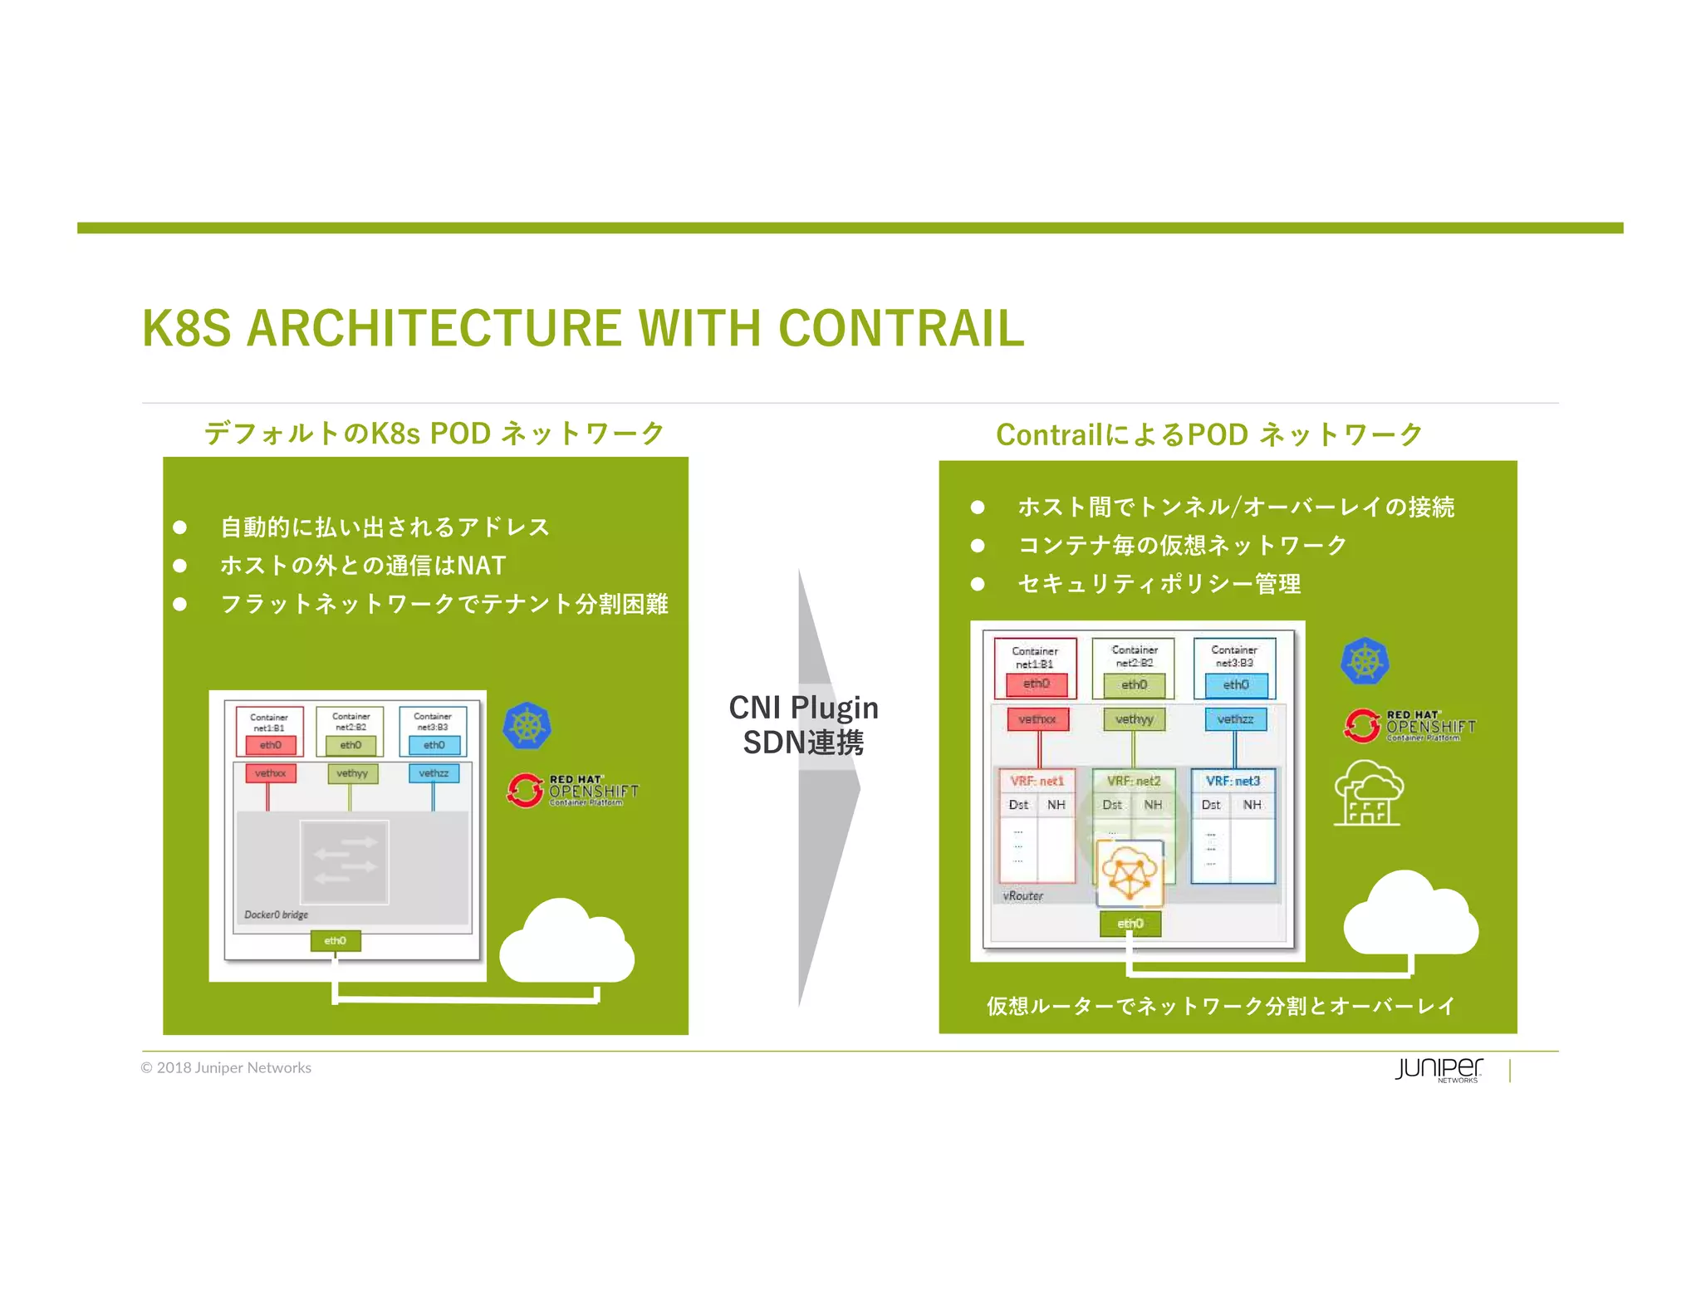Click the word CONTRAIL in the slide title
point(901,328)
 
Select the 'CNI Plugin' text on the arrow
point(803,708)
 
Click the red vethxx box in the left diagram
point(270,773)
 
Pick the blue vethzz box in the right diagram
point(1235,719)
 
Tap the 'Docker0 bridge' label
point(276,914)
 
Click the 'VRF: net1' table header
point(1037,781)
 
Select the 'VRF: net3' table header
point(1233,781)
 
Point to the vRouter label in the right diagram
point(1022,895)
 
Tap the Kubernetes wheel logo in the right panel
point(1365,662)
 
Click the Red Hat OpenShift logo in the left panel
point(572,791)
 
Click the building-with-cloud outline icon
point(1368,793)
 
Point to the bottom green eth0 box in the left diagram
point(335,941)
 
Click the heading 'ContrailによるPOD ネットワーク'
point(1208,434)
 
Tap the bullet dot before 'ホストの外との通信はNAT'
point(179,566)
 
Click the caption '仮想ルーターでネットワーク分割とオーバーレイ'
point(1220,1006)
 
